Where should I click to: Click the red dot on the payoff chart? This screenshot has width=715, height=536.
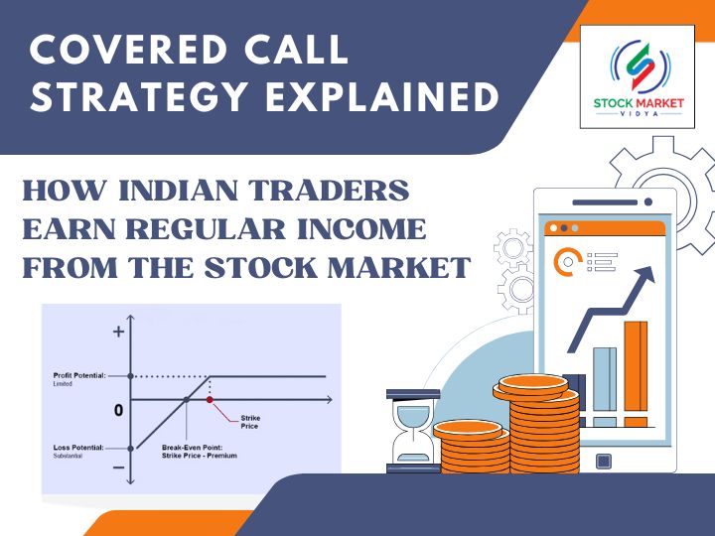(x=210, y=399)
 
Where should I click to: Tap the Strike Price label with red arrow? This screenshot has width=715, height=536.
(x=250, y=421)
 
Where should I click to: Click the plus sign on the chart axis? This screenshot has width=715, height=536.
(x=120, y=332)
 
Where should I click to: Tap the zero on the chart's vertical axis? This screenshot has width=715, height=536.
(x=118, y=409)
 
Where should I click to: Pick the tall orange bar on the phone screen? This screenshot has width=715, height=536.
(x=636, y=372)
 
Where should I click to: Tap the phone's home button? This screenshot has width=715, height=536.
(x=603, y=460)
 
